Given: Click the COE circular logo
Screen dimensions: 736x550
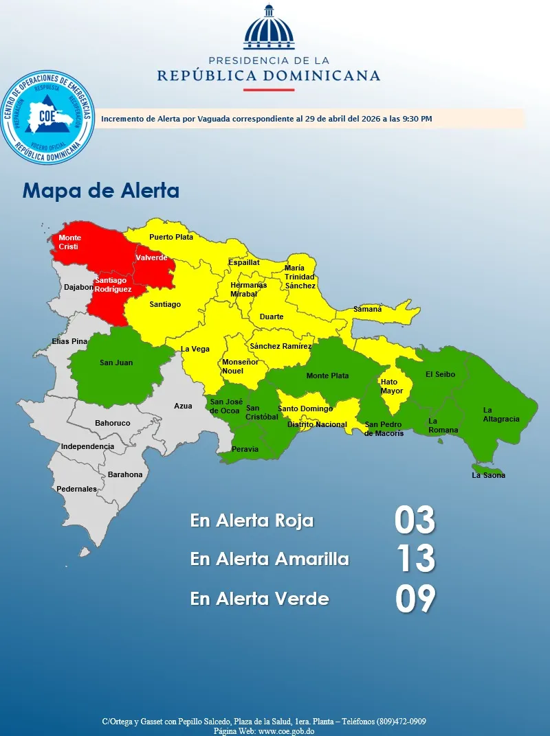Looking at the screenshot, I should (47, 117).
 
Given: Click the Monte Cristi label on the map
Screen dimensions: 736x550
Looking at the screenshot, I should (69, 242).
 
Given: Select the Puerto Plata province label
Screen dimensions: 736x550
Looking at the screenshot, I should (171, 237).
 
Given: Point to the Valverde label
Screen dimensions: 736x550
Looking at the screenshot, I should (151, 257).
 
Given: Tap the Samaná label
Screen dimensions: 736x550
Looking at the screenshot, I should (368, 310).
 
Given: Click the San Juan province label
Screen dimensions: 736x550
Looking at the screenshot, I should (116, 363).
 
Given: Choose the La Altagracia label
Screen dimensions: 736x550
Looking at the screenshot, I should (501, 415).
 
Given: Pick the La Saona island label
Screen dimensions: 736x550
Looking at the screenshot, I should (488, 475).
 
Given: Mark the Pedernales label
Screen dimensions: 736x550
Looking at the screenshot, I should (76, 489).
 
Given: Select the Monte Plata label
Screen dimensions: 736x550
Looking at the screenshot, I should (327, 376).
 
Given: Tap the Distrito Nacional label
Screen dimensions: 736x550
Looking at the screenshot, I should (317, 424).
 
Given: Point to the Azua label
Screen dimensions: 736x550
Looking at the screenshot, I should (183, 406).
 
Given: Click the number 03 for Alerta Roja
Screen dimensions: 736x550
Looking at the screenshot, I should (415, 520).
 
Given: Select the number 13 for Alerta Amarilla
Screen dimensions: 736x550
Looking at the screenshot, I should (415, 559).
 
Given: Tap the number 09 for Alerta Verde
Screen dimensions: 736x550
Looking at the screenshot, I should (415, 599).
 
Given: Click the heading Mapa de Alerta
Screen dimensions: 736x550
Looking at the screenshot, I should (101, 191).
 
